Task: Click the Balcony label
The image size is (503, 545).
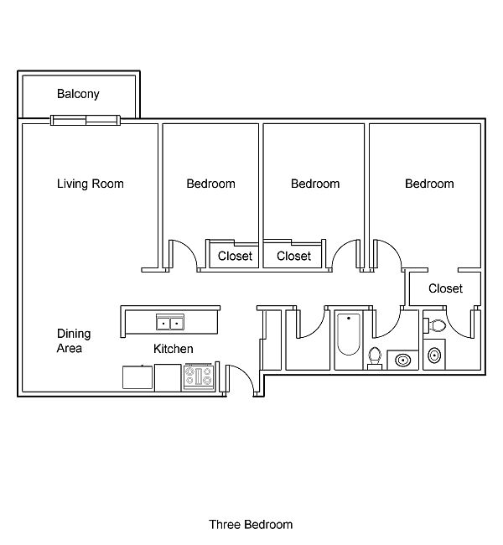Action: click(78, 94)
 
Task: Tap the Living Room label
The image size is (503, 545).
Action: click(90, 184)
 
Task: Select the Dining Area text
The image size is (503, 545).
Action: click(74, 340)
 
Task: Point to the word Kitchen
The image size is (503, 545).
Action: click(174, 349)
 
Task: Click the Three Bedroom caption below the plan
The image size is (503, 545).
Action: click(251, 525)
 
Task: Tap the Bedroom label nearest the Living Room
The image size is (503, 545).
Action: click(210, 184)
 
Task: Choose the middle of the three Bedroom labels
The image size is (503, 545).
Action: click(315, 184)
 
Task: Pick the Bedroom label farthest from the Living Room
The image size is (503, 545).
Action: click(429, 184)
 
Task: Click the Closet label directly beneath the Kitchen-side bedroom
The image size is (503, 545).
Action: click(235, 256)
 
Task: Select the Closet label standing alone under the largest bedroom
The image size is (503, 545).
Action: click(445, 288)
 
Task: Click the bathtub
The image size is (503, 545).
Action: click(347, 340)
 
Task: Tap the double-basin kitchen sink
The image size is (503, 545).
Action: click(170, 323)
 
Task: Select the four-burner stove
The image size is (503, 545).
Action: click(200, 376)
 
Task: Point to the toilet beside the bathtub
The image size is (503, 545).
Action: click(375, 357)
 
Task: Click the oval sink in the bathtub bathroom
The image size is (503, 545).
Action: click(403, 361)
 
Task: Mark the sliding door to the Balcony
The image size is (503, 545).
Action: click(86, 119)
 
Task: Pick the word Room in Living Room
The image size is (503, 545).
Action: click(108, 184)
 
